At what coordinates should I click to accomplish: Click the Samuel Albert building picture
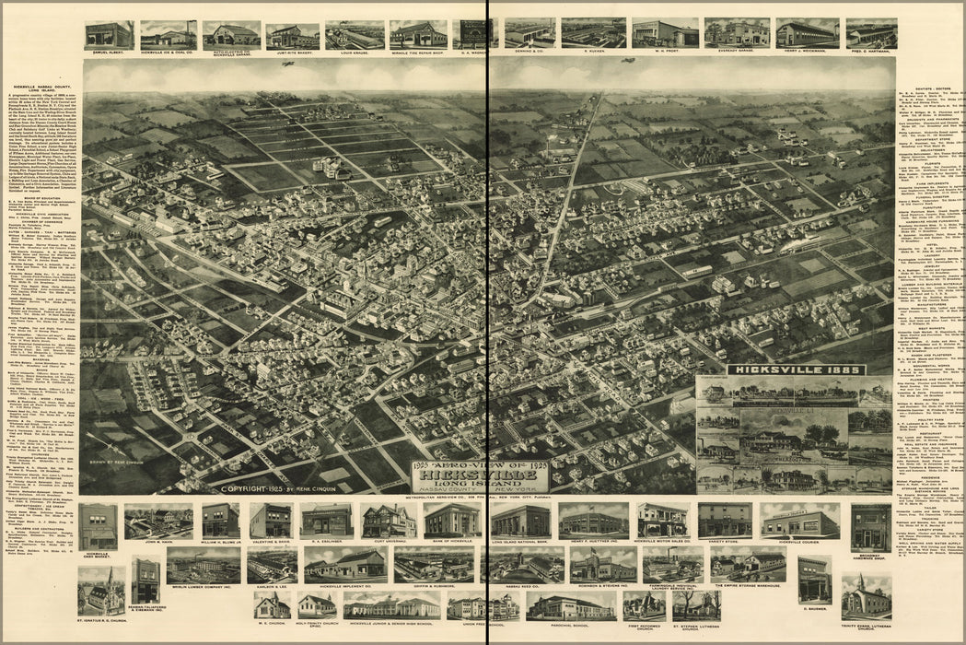pos(109,35)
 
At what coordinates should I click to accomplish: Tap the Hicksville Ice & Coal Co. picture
pos(169,35)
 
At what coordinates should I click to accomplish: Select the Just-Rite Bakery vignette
pos(293,36)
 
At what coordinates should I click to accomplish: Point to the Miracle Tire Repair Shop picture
pos(418,35)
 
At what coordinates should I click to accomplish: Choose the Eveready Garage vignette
pos(737,33)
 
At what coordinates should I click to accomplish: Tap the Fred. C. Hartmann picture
pos(871,34)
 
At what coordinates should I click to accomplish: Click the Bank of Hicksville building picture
pos(452,521)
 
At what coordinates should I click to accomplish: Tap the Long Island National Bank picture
pos(520,521)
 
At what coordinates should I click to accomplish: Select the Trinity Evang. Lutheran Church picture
pos(866,596)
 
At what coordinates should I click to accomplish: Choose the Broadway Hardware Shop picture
pos(870,526)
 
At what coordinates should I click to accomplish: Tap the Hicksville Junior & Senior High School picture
pos(391,604)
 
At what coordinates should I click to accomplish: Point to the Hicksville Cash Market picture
pos(98,526)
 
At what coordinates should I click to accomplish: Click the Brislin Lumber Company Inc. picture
pos(204,565)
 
